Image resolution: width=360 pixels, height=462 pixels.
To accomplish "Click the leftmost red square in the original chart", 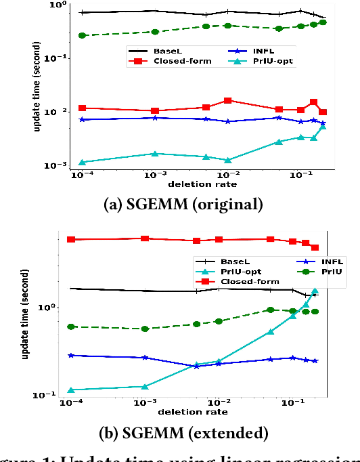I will pos(82,108).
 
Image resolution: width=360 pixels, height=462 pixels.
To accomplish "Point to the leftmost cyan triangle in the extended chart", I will pos(71,390).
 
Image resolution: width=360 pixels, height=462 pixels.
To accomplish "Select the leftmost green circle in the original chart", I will pos(82,35).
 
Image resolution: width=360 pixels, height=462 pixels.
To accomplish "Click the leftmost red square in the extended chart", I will pos(71,239).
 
